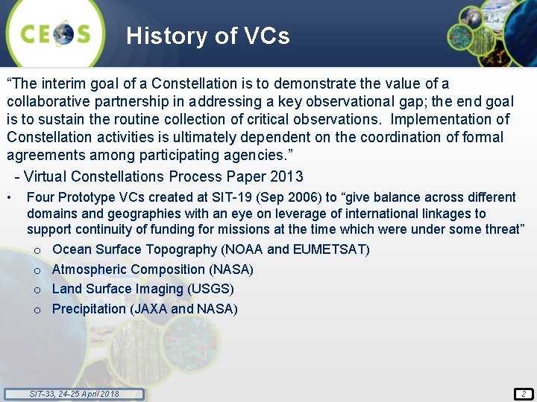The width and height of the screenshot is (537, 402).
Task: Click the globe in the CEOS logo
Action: [x=63, y=33]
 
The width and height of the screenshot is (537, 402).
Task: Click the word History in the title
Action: [x=167, y=36]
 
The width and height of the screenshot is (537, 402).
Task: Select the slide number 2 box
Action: [x=524, y=394]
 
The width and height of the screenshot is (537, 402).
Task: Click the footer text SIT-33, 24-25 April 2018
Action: [x=74, y=394]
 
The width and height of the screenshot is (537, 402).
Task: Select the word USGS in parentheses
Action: [x=210, y=289]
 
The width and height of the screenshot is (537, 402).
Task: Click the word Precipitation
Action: [x=89, y=310]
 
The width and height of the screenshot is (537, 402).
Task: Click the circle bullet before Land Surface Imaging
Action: [x=37, y=290]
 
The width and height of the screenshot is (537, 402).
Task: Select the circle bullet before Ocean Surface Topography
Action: [x=37, y=251]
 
